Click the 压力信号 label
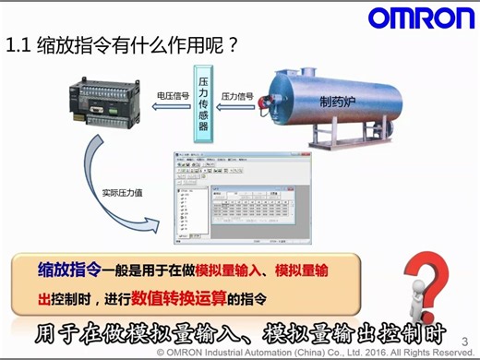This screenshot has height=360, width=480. click(238, 94)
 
